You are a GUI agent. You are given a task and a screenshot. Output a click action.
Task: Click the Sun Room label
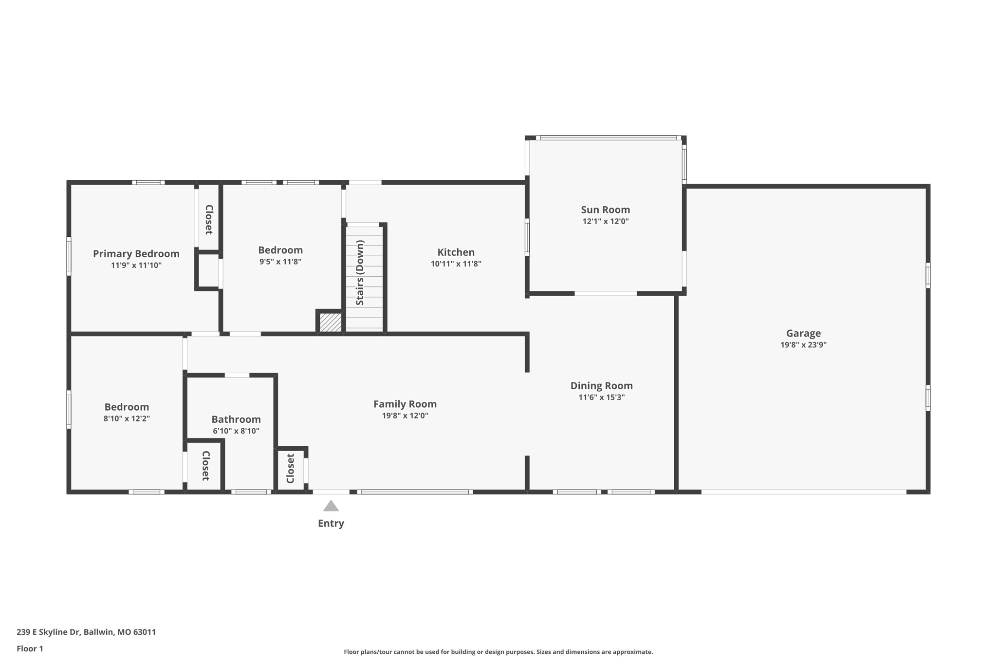(x=605, y=209)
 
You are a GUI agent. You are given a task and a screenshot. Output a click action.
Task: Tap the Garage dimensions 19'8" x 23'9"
(x=803, y=345)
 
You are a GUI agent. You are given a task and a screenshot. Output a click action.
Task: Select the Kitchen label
(x=456, y=252)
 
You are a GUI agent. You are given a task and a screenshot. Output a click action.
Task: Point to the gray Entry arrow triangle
(x=331, y=506)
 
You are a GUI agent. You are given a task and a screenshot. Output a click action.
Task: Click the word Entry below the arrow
(x=331, y=523)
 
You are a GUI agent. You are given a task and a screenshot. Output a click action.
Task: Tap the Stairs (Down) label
(x=360, y=273)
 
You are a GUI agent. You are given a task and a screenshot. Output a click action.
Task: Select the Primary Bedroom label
(x=136, y=253)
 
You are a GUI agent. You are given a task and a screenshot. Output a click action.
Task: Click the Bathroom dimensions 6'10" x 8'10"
(x=236, y=431)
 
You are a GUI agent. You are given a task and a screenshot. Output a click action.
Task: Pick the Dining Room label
(x=601, y=385)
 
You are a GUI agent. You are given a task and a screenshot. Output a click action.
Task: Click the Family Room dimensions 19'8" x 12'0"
(x=405, y=416)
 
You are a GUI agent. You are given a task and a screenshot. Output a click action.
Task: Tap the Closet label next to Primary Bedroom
(x=209, y=219)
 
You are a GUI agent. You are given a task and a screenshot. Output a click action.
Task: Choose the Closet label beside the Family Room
(x=291, y=469)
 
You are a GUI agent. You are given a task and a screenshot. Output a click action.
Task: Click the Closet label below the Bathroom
(x=205, y=466)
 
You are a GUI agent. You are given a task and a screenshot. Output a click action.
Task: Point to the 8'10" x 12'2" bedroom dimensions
(x=127, y=418)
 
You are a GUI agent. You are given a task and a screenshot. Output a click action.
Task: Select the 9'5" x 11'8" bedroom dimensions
(x=280, y=262)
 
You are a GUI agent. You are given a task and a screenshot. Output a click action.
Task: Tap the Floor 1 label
(x=30, y=648)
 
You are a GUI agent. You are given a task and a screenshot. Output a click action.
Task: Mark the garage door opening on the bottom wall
(x=803, y=492)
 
